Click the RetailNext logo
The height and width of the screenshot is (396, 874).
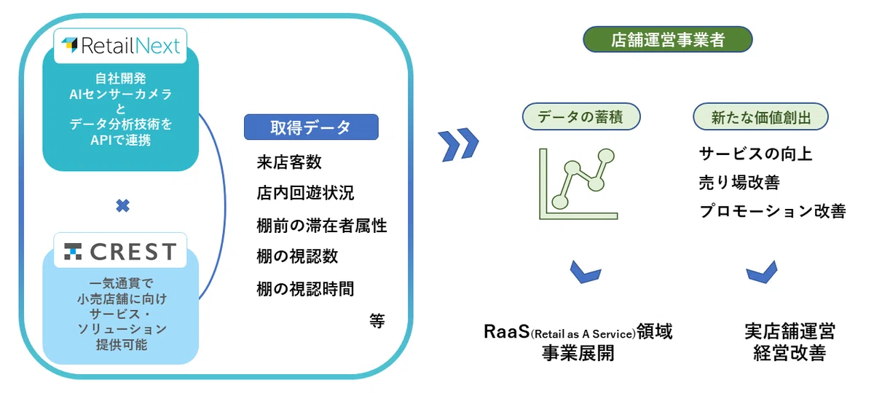(x=121, y=46)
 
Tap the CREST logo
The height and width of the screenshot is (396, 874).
(x=121, y=251)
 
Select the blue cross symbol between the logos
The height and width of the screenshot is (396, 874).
(x=122, y=205)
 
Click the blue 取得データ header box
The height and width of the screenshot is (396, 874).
(x=311, y=127)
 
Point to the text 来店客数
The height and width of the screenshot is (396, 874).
(x=289, y=162)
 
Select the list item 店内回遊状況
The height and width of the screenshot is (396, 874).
(x=305, y=193)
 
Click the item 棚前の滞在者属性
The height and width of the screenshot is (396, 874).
(x=321, y=226)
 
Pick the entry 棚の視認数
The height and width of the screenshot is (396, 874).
(x=297, y=257)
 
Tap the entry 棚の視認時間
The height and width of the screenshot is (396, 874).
(x=305, y=289)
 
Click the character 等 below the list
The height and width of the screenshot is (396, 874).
(x=377, y=321)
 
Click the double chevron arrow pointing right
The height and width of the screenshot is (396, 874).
(x=458, y=144)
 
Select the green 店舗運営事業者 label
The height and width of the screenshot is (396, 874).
(x=668, y=39)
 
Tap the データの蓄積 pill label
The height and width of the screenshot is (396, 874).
(x=581, y=116)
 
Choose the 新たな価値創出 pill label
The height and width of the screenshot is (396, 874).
(x=760, y=116)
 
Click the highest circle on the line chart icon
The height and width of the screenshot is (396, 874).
(x=606, y=156)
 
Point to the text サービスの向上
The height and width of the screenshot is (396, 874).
(x=755, y=154)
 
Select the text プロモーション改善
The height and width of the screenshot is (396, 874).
(x=773, y=211)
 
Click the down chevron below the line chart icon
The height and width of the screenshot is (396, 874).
(x=586, y=272)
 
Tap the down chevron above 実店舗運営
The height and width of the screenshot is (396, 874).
(x=762, y=272)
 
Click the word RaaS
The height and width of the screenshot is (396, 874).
(x=506, y=332)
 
